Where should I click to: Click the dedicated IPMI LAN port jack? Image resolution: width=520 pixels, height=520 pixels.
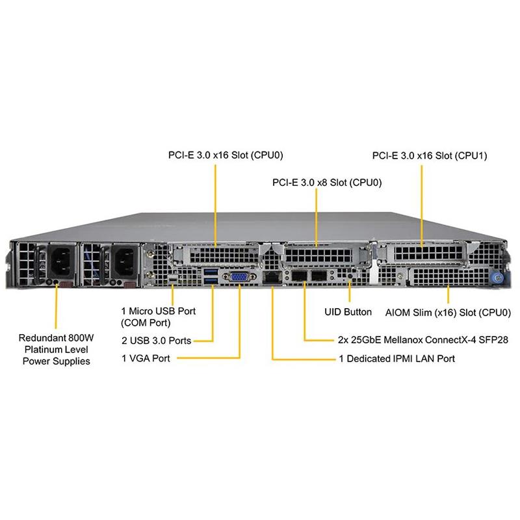pyautogui.click(x=271, y=278)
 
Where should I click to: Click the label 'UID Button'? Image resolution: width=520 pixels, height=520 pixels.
pyautogui.click(x=348, y=312)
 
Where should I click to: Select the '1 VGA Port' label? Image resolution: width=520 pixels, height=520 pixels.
pyautogui.click(x=146, y=357)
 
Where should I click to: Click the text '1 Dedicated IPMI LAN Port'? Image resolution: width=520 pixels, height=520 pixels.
pyautogui.click(x=396, y=358)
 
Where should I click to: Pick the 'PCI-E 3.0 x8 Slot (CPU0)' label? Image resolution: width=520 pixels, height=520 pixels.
pyautogui.click(x=327, y=183)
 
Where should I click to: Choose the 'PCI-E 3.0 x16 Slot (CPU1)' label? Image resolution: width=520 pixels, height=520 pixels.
pyautogui.click(x=430, y=156)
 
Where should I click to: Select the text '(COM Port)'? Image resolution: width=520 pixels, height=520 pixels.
pyautogui.click(x=146, y=322)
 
